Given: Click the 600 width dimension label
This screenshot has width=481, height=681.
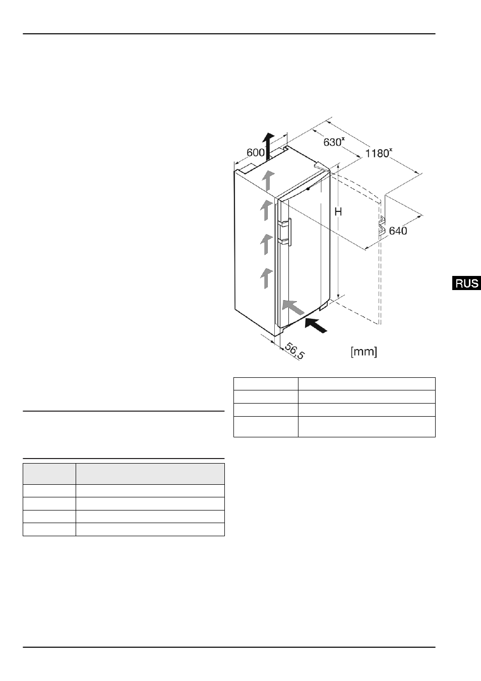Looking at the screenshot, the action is [x=256, y=152].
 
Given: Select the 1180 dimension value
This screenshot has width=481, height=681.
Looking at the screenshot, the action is [x=378, y=153].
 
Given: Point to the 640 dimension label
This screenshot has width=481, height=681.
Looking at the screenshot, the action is [x=398, y=231].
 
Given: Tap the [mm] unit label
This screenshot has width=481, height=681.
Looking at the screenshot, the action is [x=364, y=352].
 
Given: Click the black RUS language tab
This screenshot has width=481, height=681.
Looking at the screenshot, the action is [x=466, y=283].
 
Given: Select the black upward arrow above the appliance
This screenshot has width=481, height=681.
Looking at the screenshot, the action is [x=268, y=146].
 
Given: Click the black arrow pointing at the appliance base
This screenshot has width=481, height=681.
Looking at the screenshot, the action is [x=316, y=325].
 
